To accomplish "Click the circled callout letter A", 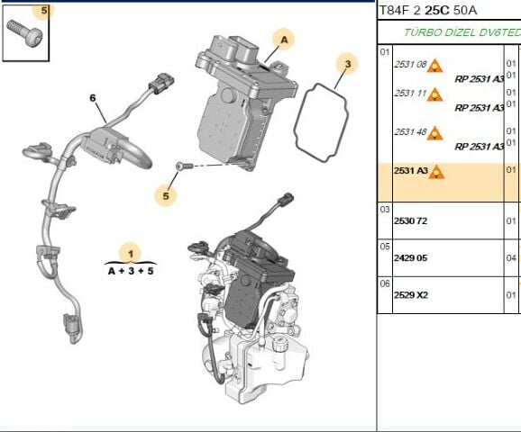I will tap(284, 40).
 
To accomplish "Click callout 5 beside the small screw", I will tap(166, 194).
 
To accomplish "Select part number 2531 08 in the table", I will tap(410, 65).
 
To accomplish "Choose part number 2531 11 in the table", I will tap(410, 94).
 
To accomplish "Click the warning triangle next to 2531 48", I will tap(435, 132).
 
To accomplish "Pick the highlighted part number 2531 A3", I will tap(409, 170).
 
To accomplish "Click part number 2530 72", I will tap(410, 220).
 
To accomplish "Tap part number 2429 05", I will tap(410, 257).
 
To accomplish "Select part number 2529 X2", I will tap(410, 294).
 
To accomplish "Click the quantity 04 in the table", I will tap(511, 257).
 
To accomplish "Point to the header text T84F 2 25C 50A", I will tap(427, 10).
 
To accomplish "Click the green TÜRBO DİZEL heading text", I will tap(460, 31).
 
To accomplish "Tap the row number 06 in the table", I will tap(384, 283).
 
